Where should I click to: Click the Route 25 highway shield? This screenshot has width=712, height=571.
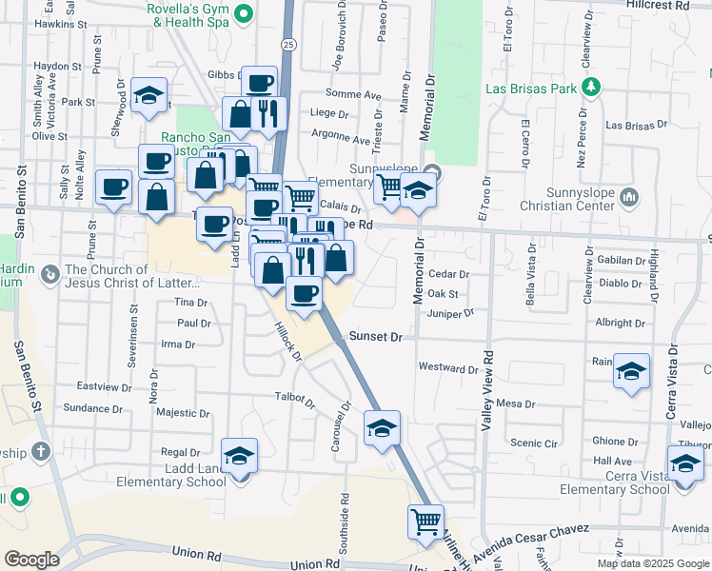click(x=288, y=44)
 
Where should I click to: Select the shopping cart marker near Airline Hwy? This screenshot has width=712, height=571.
click(x=425, y=522)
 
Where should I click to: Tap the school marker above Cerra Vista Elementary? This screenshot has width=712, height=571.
click(x=685, y=463)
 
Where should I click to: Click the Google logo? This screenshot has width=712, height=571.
click(x=31, y=560)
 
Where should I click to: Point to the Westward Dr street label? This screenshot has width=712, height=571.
click(x=447, y=367)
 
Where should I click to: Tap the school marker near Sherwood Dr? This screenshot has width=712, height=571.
click(x=148, y=96)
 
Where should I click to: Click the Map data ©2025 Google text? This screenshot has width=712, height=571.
click(x=652, y=563)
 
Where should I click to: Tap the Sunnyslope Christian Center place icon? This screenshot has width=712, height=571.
click(x=627, y=197)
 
